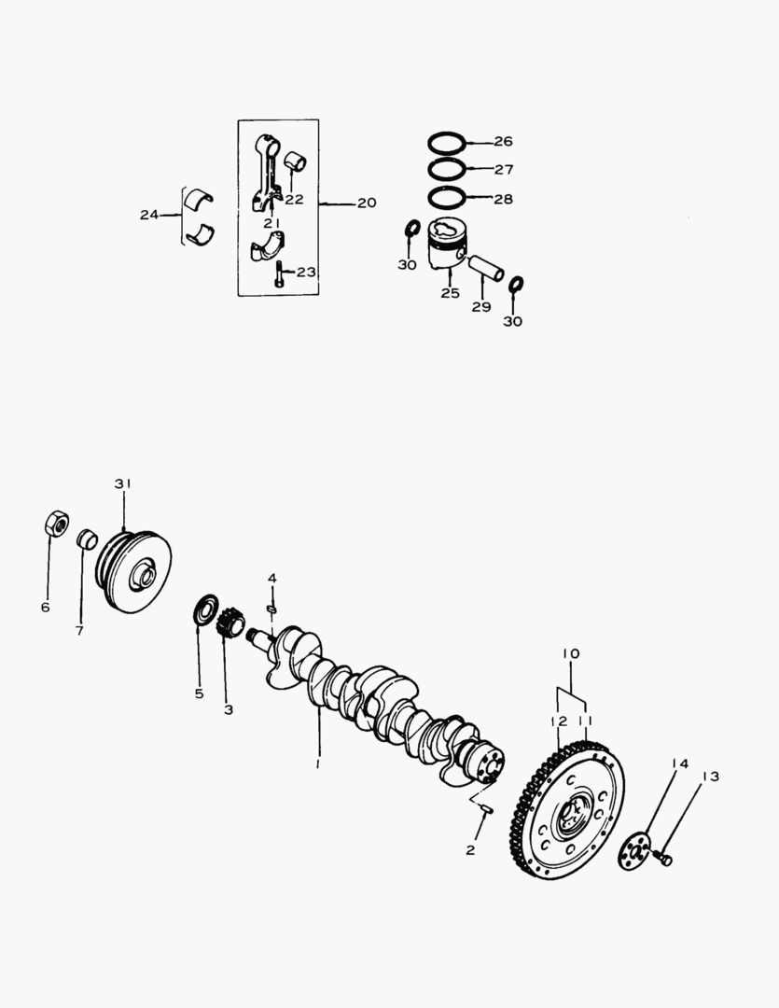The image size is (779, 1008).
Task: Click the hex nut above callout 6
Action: pyautogui.click(x=57, y=524)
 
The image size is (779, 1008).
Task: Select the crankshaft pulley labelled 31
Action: pyautogui.click(x=133, y=571)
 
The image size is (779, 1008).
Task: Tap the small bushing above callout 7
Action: pyautogui.click(x=87, y=540)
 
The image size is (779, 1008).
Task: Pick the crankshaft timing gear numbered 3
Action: pyautogui.click(x=230, y=624)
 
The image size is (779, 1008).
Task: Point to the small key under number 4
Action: pyautogui.click(x=271, y=609)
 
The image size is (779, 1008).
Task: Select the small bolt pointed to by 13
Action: pyautogui.click(x=662, y=858)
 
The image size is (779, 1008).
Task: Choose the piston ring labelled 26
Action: pyautogui.click(x=447, y=143)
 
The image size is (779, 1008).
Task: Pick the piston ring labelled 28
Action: pyautogui.click(x=447, y=197)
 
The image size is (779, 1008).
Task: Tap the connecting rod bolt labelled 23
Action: pyautogui.click(x=278, y=273)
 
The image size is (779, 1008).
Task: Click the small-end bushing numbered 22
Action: pyautogui.click(x=295, y=161)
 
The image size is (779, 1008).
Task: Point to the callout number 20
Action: pyautogui.click(x=367, y=203)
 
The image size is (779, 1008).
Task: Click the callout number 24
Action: pyautogui.click(x=149, y=215)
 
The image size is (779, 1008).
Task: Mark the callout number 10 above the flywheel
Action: pyautogui.click(x=571, y=653)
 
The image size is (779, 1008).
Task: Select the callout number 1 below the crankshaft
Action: pyautogui.click(x=317, y=763)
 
